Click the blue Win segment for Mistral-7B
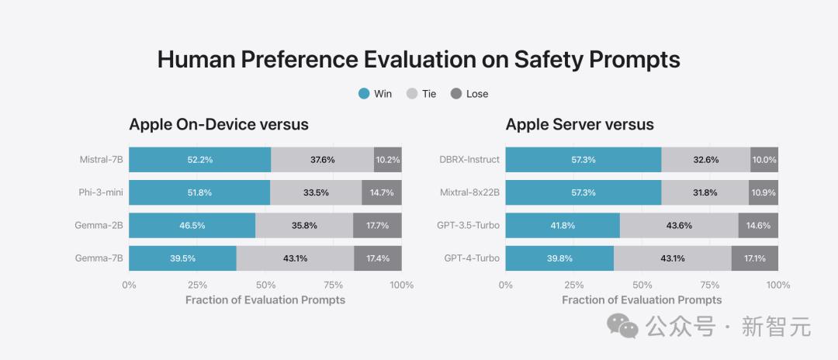pyautogui.click(x=199, y=160)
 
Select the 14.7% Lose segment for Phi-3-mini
pyautogui.click(x=381, y=192)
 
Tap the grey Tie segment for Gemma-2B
pyautogui.click(x=303, y=225)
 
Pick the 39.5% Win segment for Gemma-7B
pyautogui.click(x=182, y=258)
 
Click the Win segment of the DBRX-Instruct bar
pyautogui.click(x=583, y=160)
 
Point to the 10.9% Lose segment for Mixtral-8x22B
pyautogui.click(x=764, y=192)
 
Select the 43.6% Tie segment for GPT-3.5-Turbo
pyautogui.click(x=679, y=225)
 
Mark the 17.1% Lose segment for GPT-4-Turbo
pyautogui.click(x=754, y=258)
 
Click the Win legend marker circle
pyautogui.click(x=364, y=94)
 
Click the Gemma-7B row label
pyautogui.click(x=99, y=258)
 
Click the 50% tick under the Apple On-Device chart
pyautogui.click(x=265, y=285)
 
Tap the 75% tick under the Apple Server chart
pyautogui.click(x=710, y=285)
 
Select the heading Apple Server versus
pyautogui.click(x=580, y=124)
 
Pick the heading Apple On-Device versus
pyautogui.click(x=219, y=124)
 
